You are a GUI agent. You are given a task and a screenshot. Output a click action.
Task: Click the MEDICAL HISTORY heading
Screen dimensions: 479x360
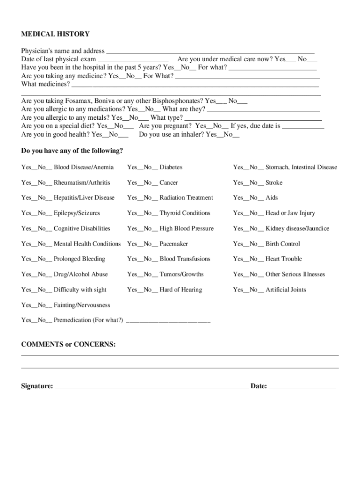(55, 34)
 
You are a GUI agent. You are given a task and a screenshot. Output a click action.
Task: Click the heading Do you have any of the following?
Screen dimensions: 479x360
(72, 151)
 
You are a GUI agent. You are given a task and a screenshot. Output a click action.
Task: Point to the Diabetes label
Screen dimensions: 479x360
(171, 167)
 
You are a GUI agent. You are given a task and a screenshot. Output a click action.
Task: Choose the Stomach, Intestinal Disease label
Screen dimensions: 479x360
(301, 167)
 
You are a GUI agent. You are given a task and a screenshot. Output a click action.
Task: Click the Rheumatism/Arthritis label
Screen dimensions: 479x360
(82, 183)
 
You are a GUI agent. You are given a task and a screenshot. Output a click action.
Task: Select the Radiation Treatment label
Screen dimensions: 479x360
(186, 198)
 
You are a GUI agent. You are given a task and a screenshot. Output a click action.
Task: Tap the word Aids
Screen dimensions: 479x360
(272, 198)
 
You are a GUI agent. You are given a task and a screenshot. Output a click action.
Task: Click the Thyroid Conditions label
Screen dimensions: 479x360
(185, 213)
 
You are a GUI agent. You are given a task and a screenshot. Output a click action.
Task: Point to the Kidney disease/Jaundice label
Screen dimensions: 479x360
(297, 229)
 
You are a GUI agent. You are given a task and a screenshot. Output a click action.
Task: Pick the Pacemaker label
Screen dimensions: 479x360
(174, 244)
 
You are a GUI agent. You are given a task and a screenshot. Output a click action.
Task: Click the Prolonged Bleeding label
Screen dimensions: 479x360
(79, 259)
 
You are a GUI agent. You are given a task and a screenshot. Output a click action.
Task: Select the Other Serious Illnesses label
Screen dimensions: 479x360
(295, 275)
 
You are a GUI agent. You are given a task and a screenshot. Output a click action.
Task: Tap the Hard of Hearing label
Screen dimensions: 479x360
(181, 290)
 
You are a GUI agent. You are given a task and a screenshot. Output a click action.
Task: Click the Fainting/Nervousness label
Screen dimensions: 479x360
(82, 305)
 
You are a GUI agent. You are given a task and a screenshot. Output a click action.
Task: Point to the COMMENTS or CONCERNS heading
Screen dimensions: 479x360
(68, 345)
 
